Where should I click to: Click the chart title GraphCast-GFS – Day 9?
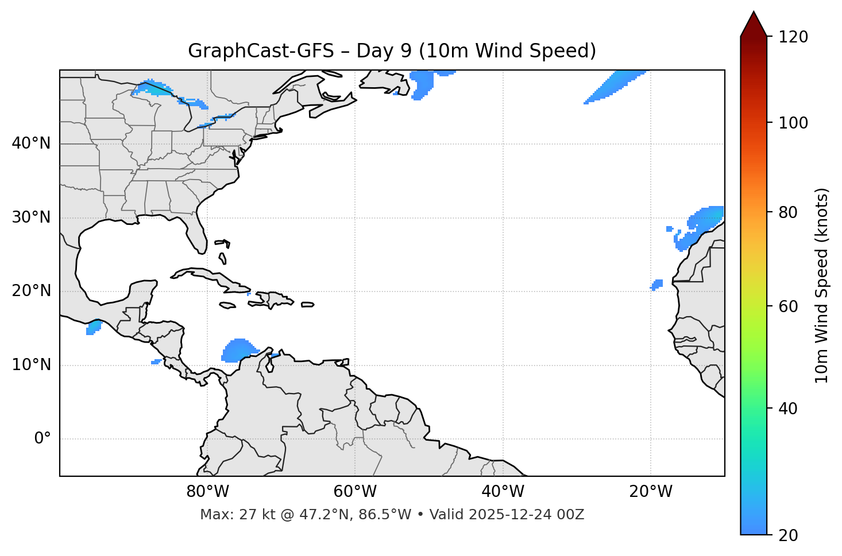(392, 51)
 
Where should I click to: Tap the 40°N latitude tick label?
(31, 143)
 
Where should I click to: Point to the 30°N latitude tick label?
(31, 217)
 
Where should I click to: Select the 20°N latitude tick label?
(31, 291)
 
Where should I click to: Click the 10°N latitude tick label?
(31, 365)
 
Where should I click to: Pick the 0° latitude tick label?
(43, 439)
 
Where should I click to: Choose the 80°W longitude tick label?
(207, 492)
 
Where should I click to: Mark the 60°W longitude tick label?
(355, 492)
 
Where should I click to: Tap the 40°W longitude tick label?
(503, 492)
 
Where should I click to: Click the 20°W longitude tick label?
(650, 492)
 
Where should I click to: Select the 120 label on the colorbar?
(793, 37)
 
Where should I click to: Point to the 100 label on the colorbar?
(793, 123)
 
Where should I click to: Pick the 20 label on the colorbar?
(787, 535)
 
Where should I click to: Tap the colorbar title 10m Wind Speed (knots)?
(821, 285)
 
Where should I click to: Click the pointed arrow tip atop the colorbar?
(754, 14)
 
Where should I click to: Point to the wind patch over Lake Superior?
(152, 88)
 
